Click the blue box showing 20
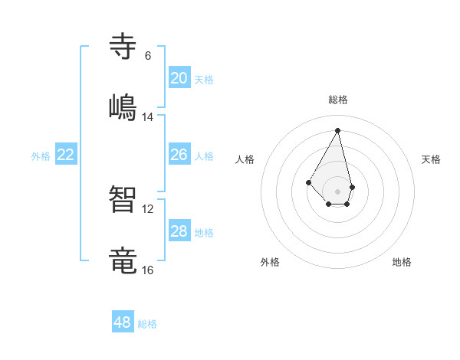(x=179, y=78)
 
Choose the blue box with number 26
(x=179, y=155)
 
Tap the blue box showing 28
(x=179, y=231)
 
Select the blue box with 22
(x=66, y=155)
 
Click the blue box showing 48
(x=123, y=322)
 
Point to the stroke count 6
(x=148, y=56)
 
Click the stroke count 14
(x=148, y=117)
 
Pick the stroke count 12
(x=148, y=209)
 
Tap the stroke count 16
(x=148, y=270)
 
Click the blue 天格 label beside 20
(x=203, y=80)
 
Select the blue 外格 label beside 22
(x=41, y=156)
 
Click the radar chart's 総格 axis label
(x=338, y=100)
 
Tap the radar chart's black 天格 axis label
(x=432, y=159)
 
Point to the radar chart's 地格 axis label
(x=402, y=262)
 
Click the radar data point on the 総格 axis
(x=337, y=130)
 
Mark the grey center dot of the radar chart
(x=337, y=191)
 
